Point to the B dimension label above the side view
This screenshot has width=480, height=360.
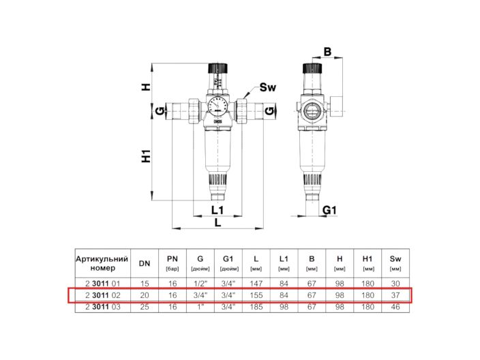point(327,51)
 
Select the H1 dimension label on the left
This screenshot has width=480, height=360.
point(146,156)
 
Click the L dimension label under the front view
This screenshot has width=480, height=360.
point(217,222)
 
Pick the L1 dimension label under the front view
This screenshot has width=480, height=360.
point(217,209)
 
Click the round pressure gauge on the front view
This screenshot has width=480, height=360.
point(217,108)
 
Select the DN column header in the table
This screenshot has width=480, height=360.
point(145,264)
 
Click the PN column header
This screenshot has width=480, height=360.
point(172,263)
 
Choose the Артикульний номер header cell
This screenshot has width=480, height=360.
point(102,264)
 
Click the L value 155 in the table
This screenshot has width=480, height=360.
point(255,295)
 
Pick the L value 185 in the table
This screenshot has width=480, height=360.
point(255,307)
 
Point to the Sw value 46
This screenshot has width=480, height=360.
point(395,307)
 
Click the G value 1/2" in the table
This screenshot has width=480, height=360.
point(200,282)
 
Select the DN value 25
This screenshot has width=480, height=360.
point(145,307)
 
